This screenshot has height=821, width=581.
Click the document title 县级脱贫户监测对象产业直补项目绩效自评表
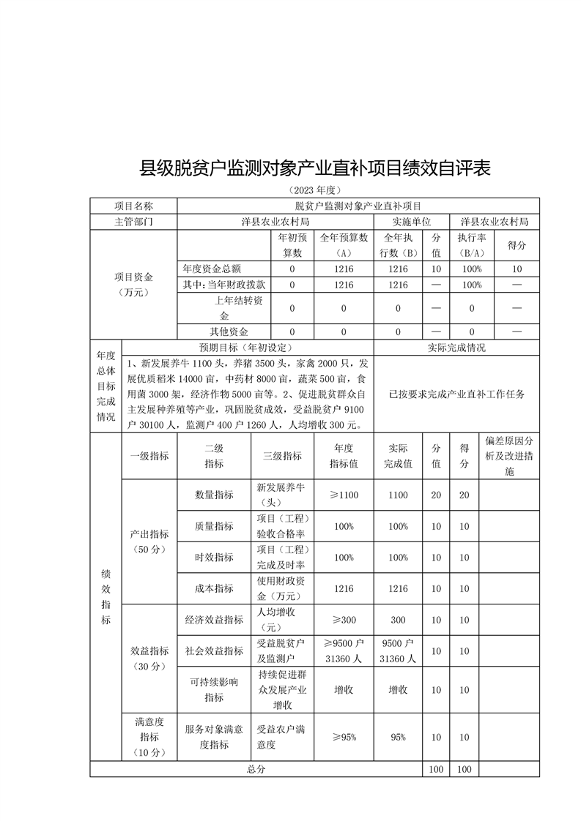315,169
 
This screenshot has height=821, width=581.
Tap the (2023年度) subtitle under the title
315,190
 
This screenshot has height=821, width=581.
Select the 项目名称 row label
133,206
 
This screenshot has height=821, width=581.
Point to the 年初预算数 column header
292,245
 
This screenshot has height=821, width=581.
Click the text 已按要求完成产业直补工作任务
456,394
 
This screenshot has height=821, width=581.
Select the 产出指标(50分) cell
149,541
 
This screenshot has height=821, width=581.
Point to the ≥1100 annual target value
344,495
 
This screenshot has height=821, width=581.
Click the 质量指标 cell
214,526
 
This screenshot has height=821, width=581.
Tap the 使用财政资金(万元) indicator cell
282,588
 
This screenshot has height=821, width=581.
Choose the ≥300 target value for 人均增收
344,620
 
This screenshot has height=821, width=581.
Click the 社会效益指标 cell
214,651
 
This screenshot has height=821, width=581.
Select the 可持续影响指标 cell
214,689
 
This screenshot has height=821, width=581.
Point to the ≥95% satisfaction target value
344,737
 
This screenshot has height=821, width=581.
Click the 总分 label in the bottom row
256,769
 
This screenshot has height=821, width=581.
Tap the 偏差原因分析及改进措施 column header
509,456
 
